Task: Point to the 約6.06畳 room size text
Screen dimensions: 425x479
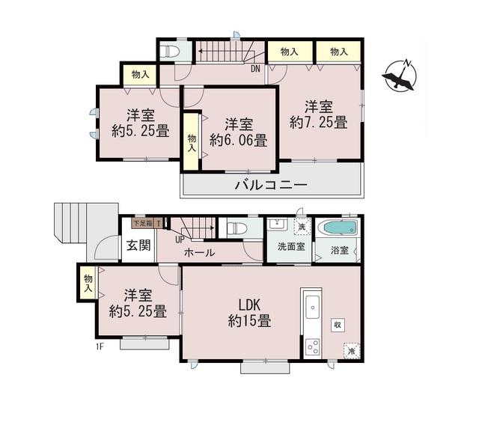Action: pos(238,139)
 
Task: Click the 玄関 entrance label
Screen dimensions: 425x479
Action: pos(138,245)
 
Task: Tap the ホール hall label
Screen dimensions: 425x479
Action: pos(200,253)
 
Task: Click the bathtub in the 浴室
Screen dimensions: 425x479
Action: pos(338,227)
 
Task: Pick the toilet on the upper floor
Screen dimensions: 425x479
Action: pos(169,52)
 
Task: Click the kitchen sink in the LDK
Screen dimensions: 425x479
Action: pos(313,307)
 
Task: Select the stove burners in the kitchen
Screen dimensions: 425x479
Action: pos(313,347)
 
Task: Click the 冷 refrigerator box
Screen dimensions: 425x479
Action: pos(350,349)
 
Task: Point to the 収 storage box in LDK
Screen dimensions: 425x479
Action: pos(338,324)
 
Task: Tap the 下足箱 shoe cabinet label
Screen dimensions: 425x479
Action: pos(142,223)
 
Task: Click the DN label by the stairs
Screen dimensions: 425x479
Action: pos(255,70)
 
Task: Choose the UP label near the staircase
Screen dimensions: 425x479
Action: pos(180,239)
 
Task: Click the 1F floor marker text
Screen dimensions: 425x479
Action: pos(99,346)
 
